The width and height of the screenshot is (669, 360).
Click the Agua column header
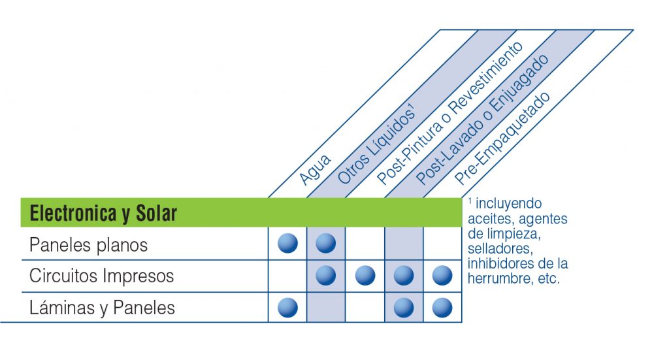315,170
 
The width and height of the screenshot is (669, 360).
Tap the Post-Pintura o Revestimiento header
449,114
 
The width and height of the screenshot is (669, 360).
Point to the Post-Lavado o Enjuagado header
482,120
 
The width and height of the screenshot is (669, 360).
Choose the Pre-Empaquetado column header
502,139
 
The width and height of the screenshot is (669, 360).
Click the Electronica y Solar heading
103,213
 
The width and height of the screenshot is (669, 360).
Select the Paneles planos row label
88,245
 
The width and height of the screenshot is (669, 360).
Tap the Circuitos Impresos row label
101,276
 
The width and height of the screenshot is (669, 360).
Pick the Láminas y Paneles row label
102,308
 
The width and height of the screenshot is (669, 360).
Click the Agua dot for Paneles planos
287,243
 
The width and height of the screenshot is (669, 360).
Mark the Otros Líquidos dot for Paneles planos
325,243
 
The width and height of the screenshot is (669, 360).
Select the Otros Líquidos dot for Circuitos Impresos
325,276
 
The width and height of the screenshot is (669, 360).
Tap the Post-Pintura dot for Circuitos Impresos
365,276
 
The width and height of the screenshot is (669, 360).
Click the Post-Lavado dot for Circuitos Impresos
404,276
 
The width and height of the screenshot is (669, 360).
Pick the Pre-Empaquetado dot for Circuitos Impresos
442,276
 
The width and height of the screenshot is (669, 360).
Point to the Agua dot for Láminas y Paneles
287,308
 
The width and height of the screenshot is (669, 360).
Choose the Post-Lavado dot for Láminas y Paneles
404,308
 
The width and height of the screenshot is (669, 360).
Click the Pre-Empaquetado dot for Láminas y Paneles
442,308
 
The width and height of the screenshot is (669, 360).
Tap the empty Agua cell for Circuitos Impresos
287,276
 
